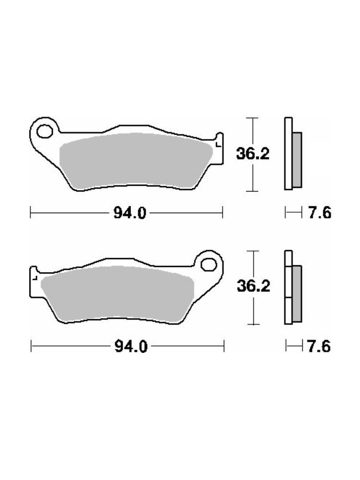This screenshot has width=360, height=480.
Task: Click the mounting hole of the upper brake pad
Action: pos(44,132)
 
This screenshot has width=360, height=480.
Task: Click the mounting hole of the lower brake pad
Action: pos(209,264)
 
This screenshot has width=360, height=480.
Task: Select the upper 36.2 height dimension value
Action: pos(252,154)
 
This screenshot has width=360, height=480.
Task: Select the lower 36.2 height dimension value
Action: pos(253,286)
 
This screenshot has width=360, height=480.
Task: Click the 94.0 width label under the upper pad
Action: pos(130,213)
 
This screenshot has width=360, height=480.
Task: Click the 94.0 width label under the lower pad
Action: pos(131,346)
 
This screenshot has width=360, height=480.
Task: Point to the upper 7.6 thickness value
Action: pos(320,213)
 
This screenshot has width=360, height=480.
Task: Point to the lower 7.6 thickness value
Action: pos(319,346)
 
